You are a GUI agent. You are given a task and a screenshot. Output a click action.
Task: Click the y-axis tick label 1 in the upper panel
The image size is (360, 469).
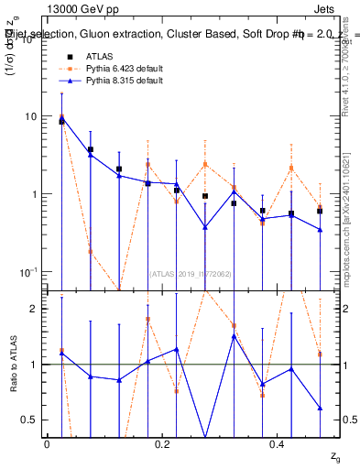coord(34,194)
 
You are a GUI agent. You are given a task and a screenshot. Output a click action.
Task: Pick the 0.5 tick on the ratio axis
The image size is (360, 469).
coord(30,420)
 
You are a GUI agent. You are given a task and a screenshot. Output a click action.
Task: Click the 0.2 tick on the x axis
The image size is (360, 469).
coord(163,443)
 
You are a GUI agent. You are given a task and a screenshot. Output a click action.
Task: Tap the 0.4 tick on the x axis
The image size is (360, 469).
coord(279,443)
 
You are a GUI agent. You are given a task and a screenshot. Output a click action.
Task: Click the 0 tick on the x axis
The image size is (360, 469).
coord(47,443)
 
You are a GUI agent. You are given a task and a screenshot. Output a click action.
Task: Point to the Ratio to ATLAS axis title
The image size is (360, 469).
coord(13,365)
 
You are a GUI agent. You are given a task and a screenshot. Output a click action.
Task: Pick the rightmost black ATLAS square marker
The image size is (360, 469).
coord(320,211)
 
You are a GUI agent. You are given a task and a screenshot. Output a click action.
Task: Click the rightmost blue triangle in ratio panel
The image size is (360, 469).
coord(320,408)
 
